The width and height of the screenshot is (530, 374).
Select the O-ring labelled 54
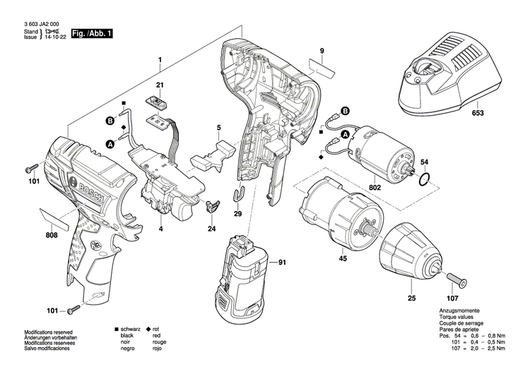423,179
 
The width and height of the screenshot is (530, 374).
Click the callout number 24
211,229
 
